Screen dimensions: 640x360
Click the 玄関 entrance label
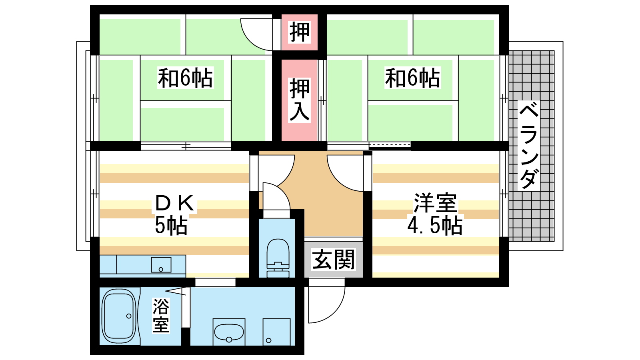334,260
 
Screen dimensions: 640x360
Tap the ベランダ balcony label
528,146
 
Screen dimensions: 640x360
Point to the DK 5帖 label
174,214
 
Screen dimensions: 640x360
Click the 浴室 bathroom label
161,316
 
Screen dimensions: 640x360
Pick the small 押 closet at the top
300,32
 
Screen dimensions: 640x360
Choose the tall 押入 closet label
300,100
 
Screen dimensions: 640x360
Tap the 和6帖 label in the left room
185,78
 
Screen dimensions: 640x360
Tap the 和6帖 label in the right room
412,78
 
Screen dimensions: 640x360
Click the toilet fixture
278,258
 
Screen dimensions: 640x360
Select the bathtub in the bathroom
118,316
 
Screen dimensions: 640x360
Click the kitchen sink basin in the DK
161,264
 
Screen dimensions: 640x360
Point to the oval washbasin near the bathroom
229,332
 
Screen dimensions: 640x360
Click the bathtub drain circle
129,316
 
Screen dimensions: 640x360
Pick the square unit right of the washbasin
276,332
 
